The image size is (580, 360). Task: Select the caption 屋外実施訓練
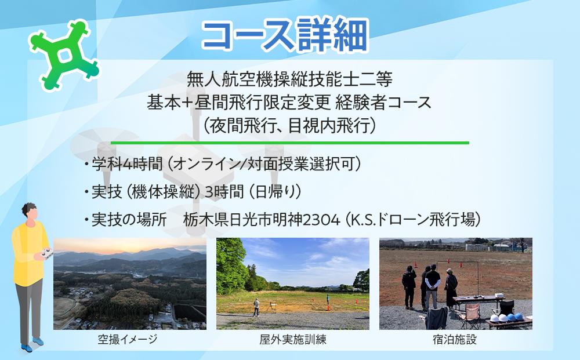pos(293,340)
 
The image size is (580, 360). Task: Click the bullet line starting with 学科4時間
pos(223,164)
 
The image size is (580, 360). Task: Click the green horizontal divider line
pos(289,142)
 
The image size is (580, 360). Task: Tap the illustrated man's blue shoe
pos(26,347)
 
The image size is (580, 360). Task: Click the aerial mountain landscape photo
pos(130,283)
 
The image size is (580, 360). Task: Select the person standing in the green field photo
pos(256,307)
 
